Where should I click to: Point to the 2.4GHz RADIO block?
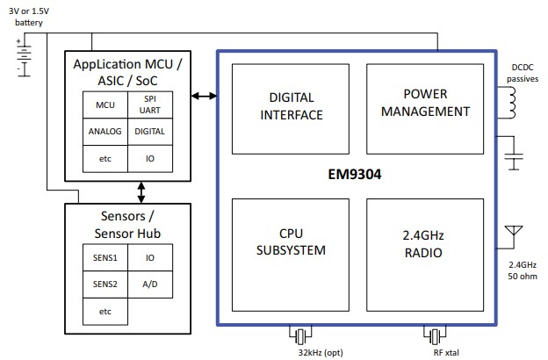(x=424, y=243)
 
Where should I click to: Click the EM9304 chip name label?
(x=355, y=174)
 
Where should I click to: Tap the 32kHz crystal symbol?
(x=300, y=336)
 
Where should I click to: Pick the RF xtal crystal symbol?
(x=434, y=336)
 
